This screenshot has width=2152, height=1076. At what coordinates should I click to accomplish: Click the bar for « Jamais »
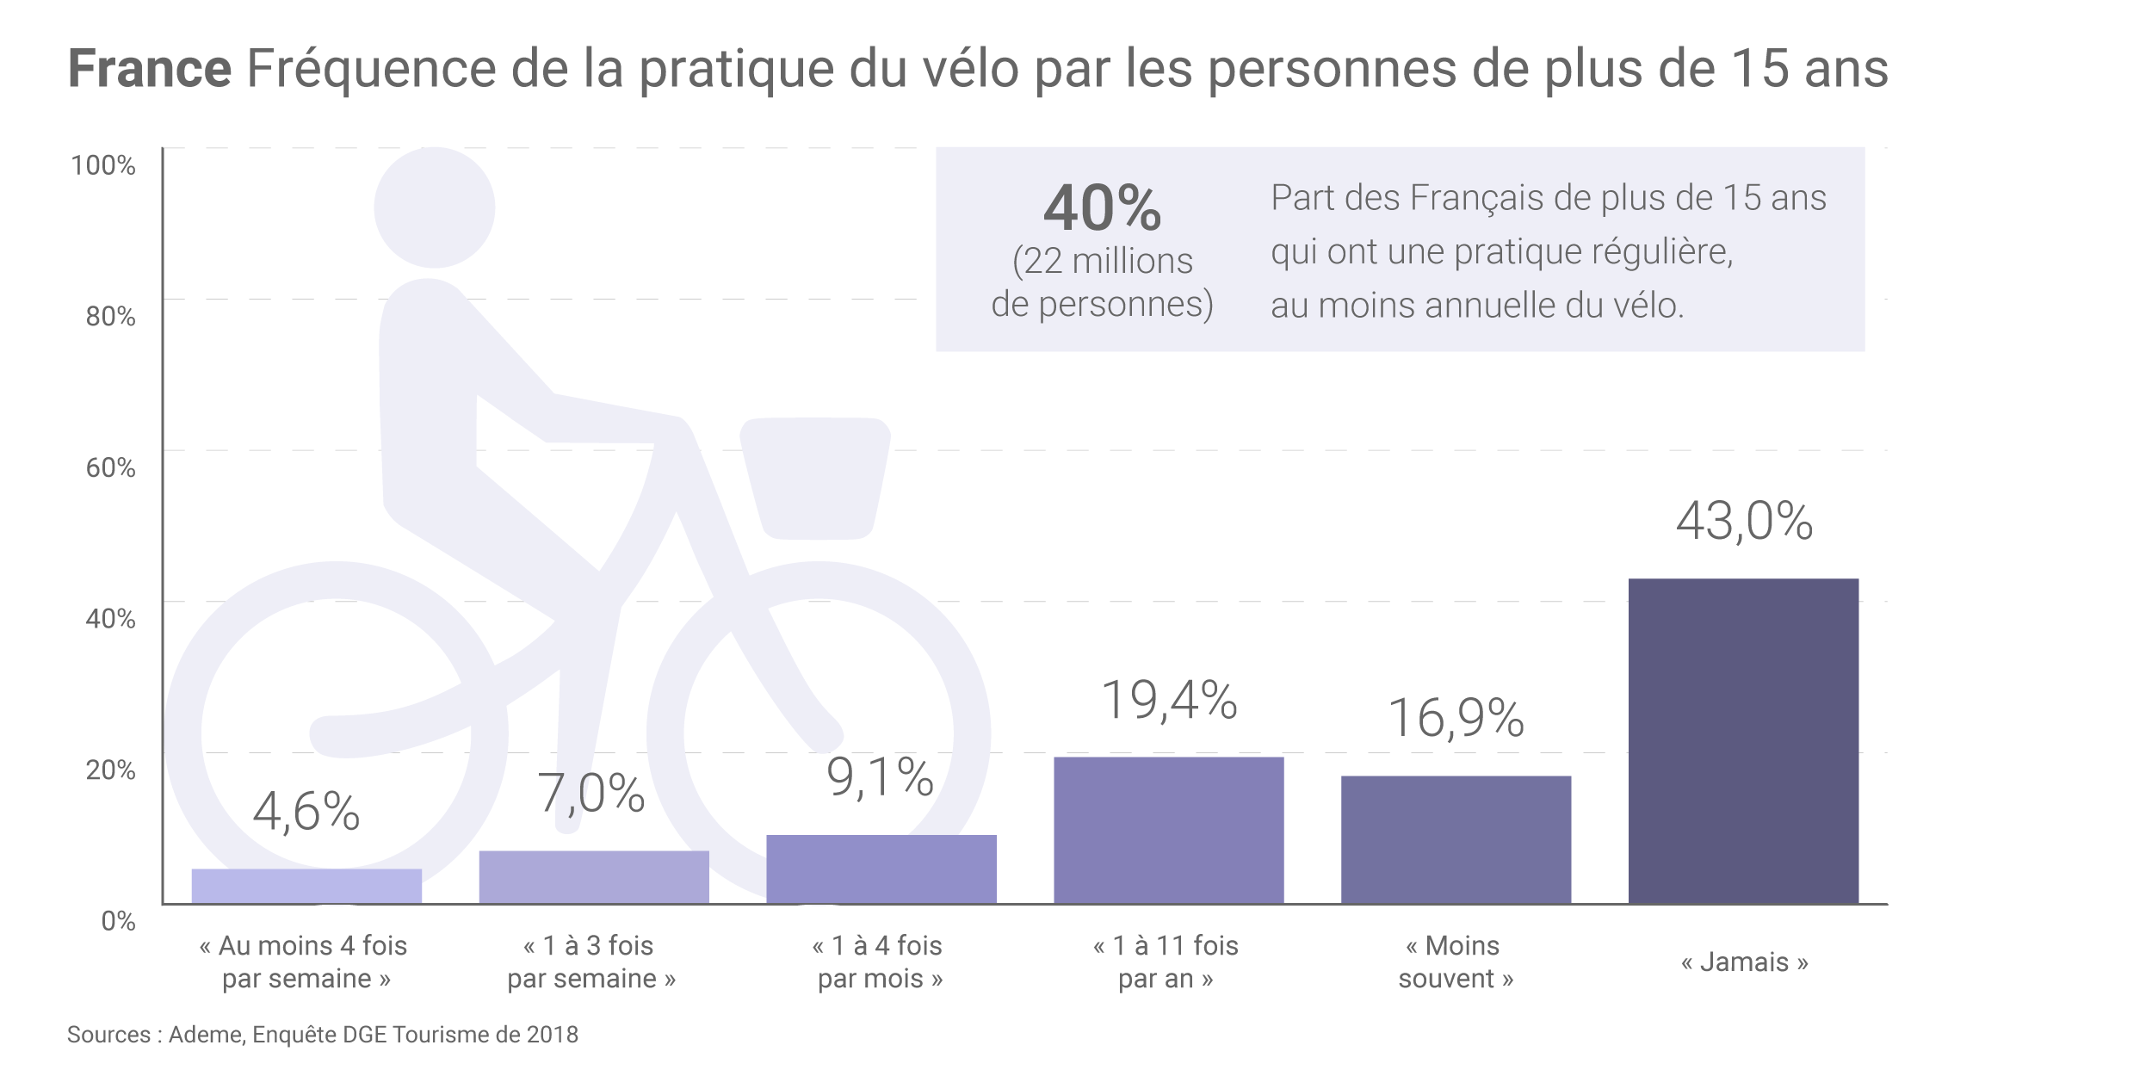pos(1743,741)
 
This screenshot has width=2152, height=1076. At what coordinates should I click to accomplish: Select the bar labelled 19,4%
pos(1168,830)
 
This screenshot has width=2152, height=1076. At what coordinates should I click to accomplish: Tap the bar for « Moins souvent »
pos(1456,839)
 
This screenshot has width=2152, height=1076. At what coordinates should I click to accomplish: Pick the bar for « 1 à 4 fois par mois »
pos(881,869)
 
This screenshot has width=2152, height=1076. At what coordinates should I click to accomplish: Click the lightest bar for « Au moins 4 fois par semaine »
pos(306,886)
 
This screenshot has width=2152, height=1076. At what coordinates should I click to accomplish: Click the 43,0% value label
pos(1744,521)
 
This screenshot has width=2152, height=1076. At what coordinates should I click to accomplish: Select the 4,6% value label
pos(306,812)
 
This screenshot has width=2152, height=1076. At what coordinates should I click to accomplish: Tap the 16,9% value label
pos(1456,718)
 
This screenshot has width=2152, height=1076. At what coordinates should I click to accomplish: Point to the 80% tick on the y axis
pos(110,317)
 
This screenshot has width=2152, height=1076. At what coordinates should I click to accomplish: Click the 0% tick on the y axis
pos(118,921)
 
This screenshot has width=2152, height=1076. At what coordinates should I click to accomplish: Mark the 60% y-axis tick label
pos(110,467)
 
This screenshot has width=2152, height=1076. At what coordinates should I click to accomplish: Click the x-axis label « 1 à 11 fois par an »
pos(1166,962)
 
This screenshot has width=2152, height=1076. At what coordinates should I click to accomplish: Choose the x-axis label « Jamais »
pos(1744,962)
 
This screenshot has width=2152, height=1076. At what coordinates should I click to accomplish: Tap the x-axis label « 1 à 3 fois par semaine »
pos(591,962)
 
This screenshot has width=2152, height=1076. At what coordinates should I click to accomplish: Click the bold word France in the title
pos(150,69)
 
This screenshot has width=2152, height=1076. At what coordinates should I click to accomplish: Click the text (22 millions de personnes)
pos(1102,282)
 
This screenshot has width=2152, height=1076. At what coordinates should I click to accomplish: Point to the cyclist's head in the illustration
pos(434,207)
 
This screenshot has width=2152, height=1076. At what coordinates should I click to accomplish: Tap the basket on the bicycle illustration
pos(814,478)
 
